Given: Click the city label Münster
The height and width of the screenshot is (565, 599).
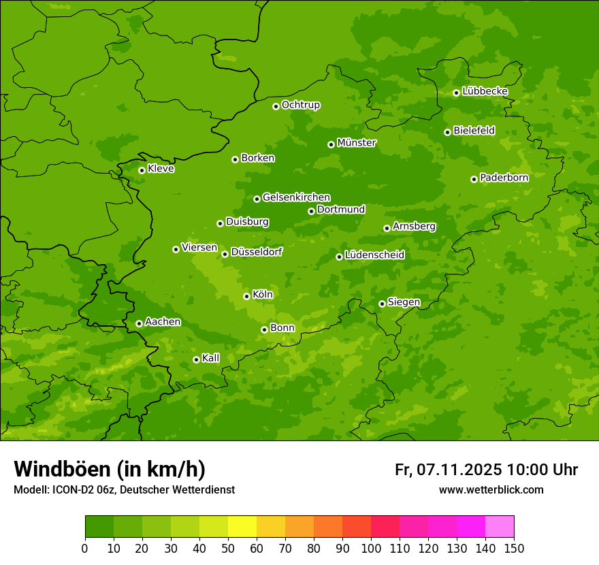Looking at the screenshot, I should [356, 143].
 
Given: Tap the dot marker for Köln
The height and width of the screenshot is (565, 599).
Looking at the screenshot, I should [246, 296].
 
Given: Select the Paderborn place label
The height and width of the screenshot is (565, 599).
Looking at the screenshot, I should [504, 178].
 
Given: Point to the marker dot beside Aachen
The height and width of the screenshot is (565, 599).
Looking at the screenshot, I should [139, 323].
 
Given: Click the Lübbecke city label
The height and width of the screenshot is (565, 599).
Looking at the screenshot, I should [485, 91].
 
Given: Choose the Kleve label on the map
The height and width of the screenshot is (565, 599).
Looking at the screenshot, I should [161, 169].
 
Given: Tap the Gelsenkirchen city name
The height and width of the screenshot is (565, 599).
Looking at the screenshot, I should [296, 197].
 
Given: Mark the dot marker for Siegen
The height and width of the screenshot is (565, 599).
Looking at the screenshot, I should [382, 304].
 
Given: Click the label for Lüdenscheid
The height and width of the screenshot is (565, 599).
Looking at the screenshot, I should [374, 255].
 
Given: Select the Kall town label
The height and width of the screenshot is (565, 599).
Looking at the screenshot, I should [210, 358].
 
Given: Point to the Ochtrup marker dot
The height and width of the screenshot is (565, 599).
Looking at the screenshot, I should [276, 106].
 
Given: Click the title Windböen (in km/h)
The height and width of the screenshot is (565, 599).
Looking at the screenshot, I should [110, 469].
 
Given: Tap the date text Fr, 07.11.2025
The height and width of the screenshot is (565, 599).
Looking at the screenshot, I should [448, 470].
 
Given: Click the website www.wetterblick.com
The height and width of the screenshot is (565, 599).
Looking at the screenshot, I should [491, 489].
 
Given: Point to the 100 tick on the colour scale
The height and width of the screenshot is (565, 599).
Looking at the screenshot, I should [371, 548].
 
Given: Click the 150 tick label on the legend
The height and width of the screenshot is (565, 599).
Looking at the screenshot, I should [514, 548].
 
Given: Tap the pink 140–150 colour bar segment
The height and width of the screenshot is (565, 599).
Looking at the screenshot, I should [500, 527].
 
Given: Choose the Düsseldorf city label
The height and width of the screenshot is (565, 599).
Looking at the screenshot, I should [256, 252].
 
